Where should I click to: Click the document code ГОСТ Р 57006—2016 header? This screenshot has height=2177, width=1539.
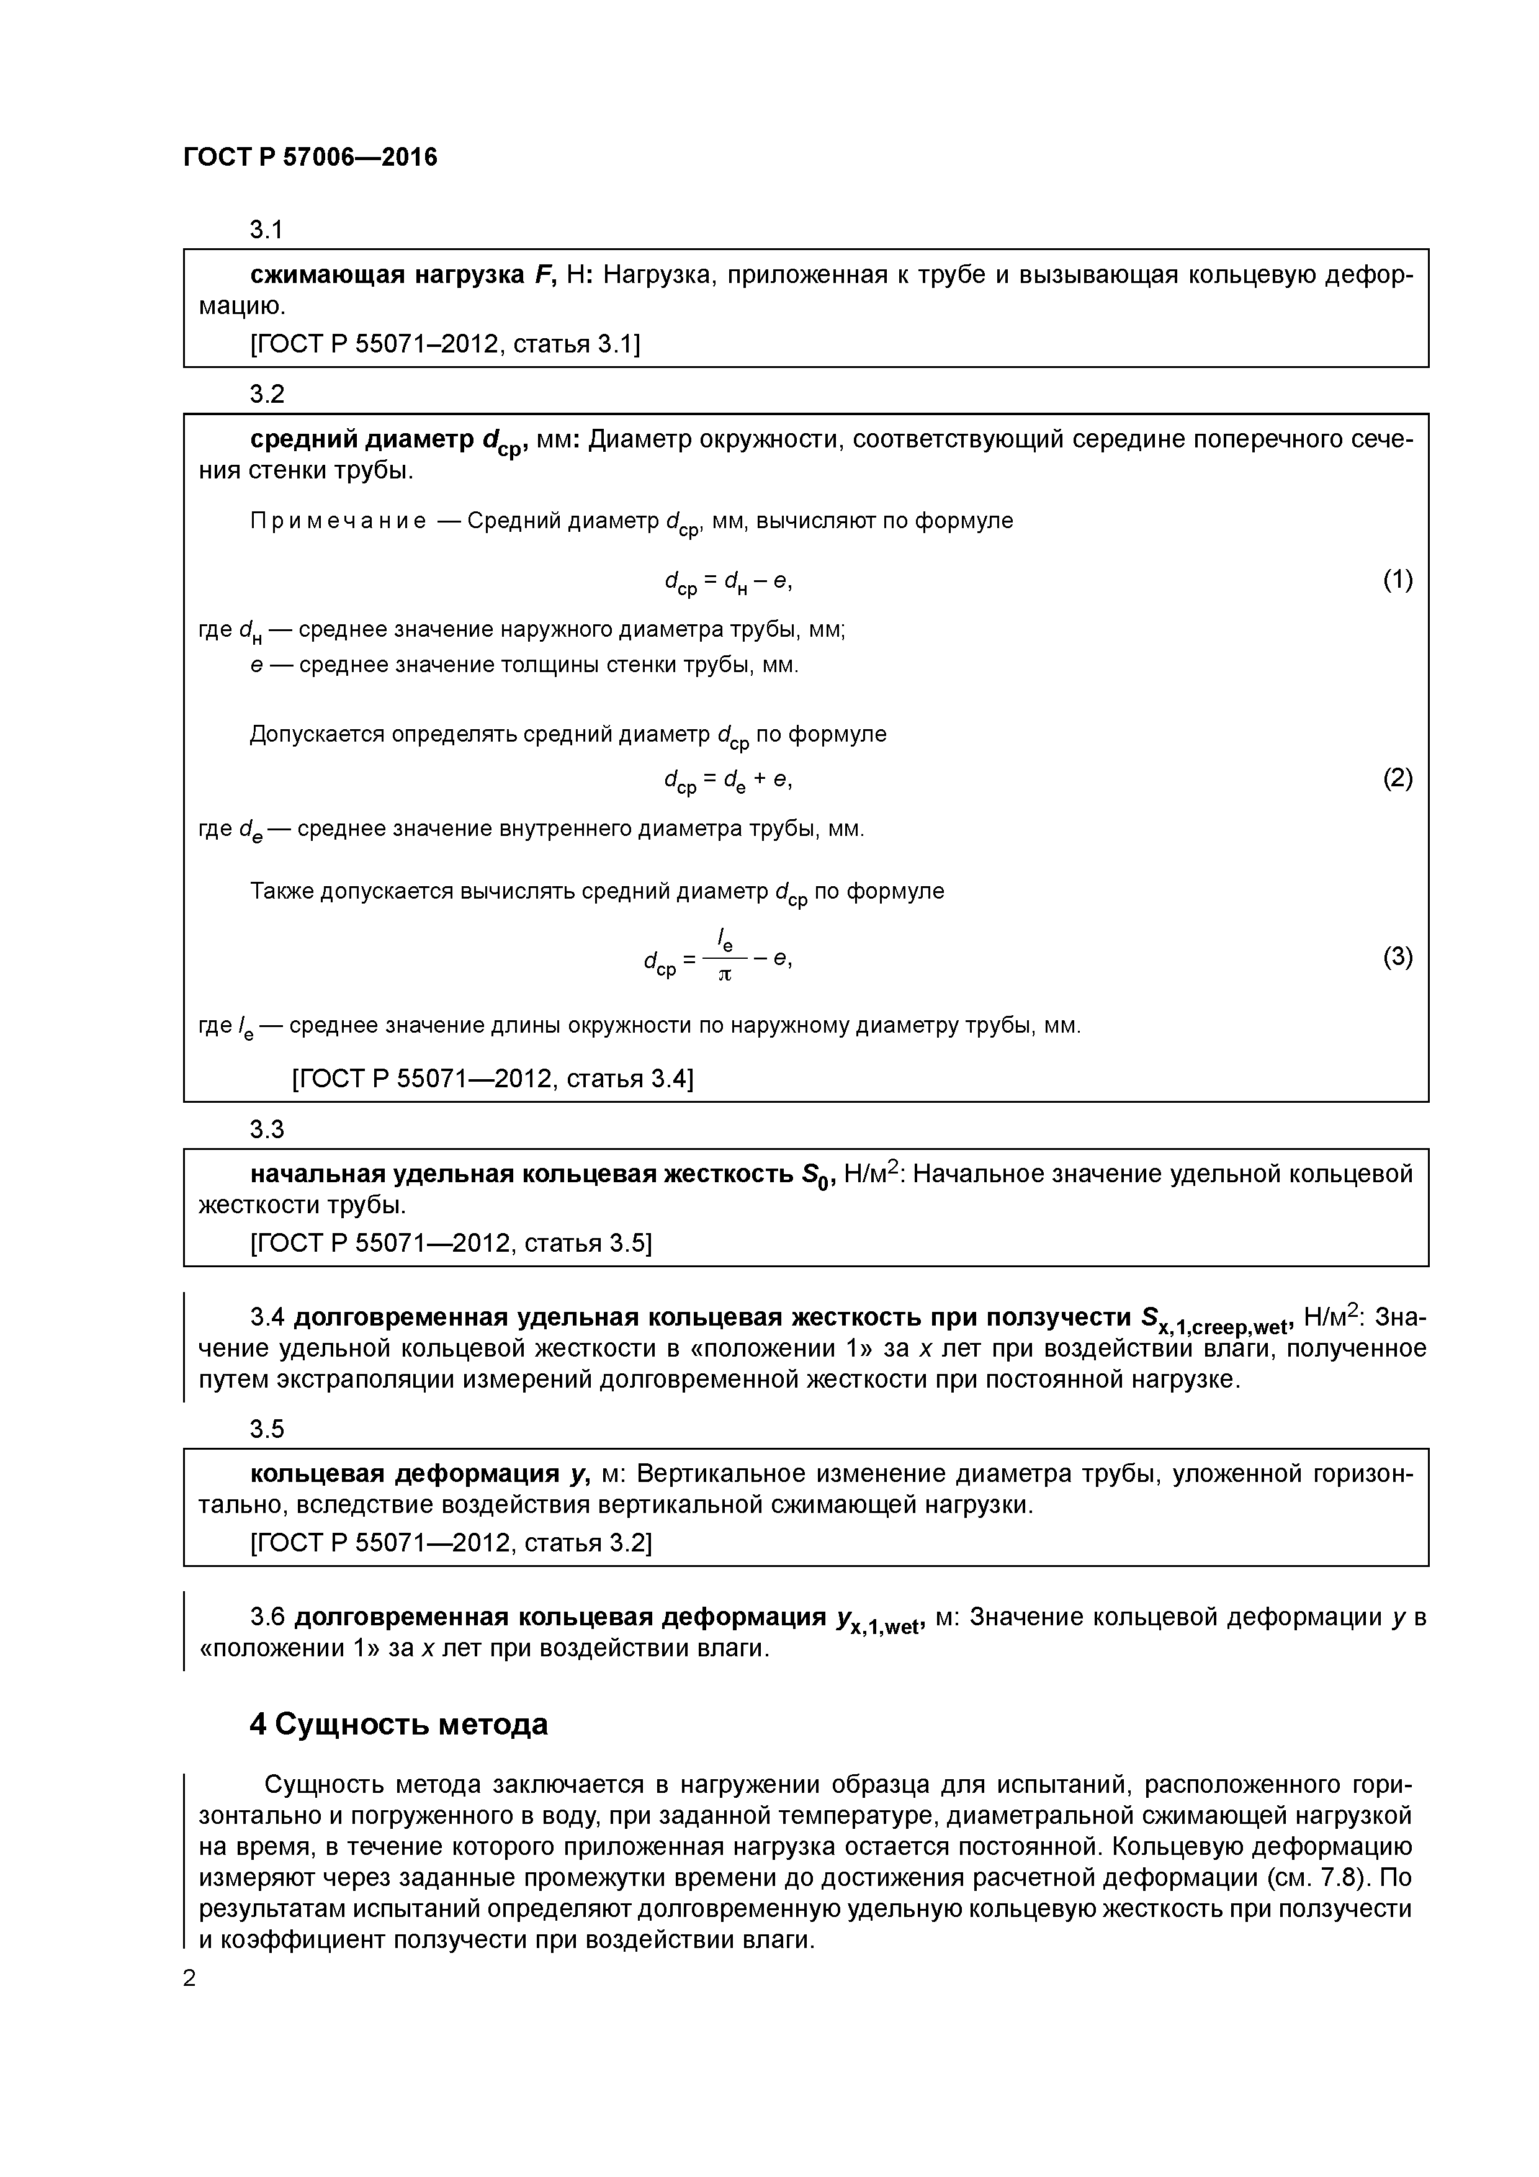[310, 158]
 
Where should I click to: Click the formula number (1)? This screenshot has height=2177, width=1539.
[1397, 580]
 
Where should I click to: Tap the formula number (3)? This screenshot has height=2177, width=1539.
[1397, 957]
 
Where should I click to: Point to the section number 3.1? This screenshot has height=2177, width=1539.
[266, 230]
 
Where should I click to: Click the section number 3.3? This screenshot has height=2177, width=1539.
[266, 1129]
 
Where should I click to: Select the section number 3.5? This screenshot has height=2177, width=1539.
[266, 1429]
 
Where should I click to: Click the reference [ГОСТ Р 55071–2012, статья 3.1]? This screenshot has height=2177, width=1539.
[445, 344]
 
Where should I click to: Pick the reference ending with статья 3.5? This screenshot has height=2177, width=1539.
[451, 1243]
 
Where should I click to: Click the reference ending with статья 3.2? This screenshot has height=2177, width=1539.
[451, 1543]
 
